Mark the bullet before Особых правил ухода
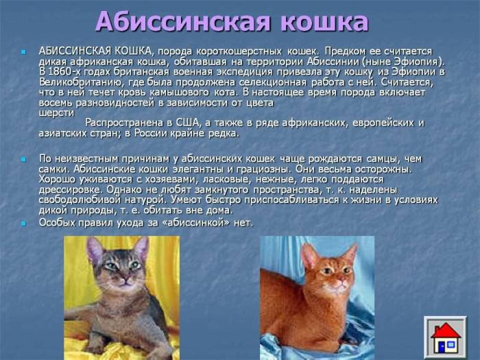(x=23, y=223)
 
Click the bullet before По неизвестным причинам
(x=23, y=159)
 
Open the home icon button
(x=444, y=335)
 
